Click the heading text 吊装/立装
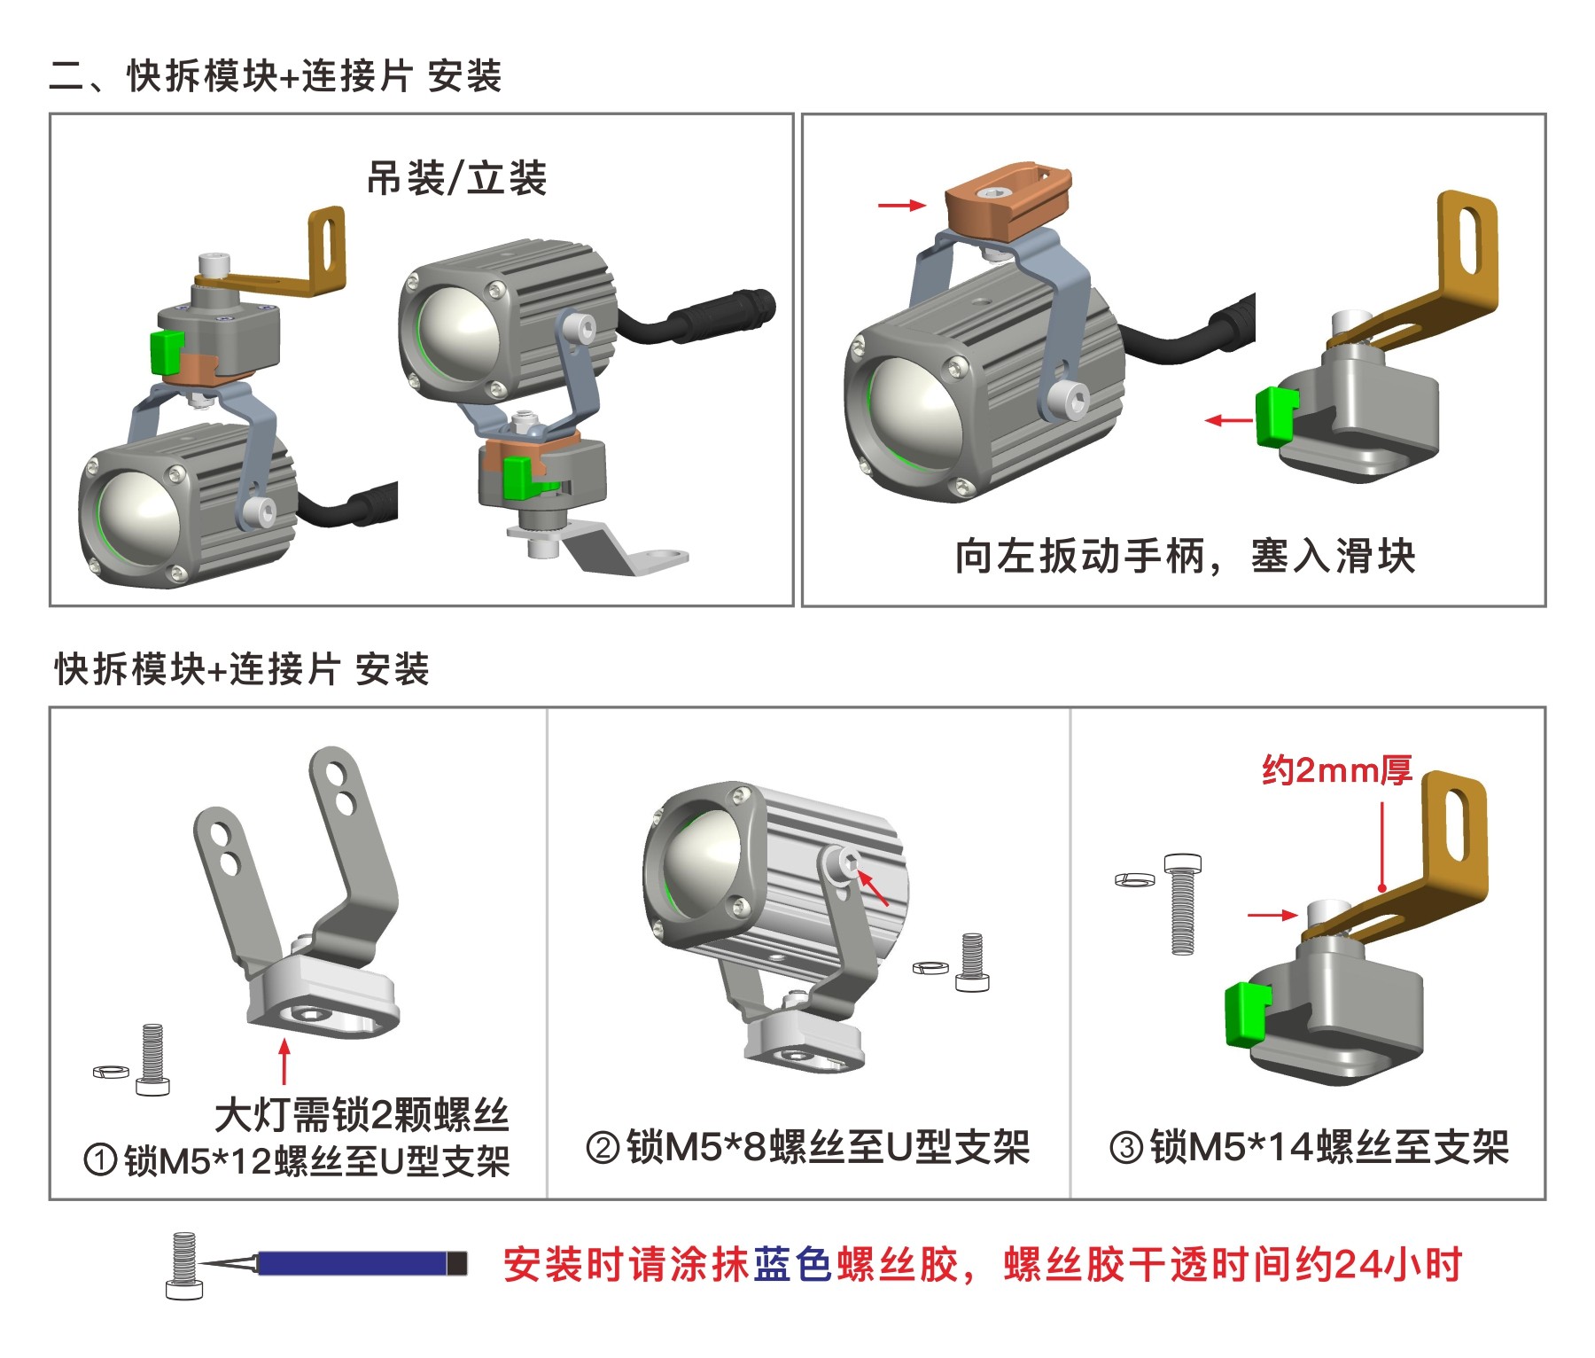tap(456, 179)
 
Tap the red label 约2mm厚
tap(1336, 770)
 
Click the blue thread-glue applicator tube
tap(354, 1263)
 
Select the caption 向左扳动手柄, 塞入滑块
tap(1184, 557)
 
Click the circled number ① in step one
tap(100, 1159)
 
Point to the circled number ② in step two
tap(603, 1148)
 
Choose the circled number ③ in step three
tap(1126, 1148)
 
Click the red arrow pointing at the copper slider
tap(901, 206)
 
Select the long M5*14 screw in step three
tap(1182, 903)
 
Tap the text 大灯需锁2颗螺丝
tap(362, 1115)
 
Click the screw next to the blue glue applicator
tap(184, 1266)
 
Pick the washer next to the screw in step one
tap(111, 1073)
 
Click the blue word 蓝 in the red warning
tap(771, 1265)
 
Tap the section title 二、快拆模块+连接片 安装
tap(276, 76)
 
